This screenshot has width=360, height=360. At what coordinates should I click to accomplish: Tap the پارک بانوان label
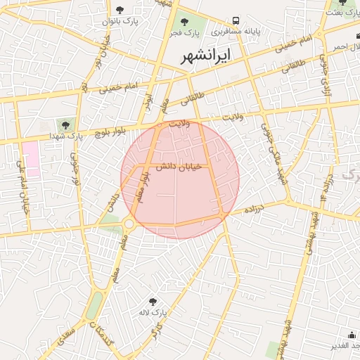(119, 22)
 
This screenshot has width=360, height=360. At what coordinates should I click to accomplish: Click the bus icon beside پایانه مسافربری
(236, 21)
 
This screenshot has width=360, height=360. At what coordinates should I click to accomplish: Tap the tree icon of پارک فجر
(184, 21)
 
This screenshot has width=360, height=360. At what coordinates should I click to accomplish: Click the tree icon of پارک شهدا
(65, 125)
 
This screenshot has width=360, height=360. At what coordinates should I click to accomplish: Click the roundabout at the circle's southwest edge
(128, 224)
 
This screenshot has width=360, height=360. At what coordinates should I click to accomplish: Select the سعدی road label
(65, 337)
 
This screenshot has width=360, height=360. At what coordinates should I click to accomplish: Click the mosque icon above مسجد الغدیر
(351, 335)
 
